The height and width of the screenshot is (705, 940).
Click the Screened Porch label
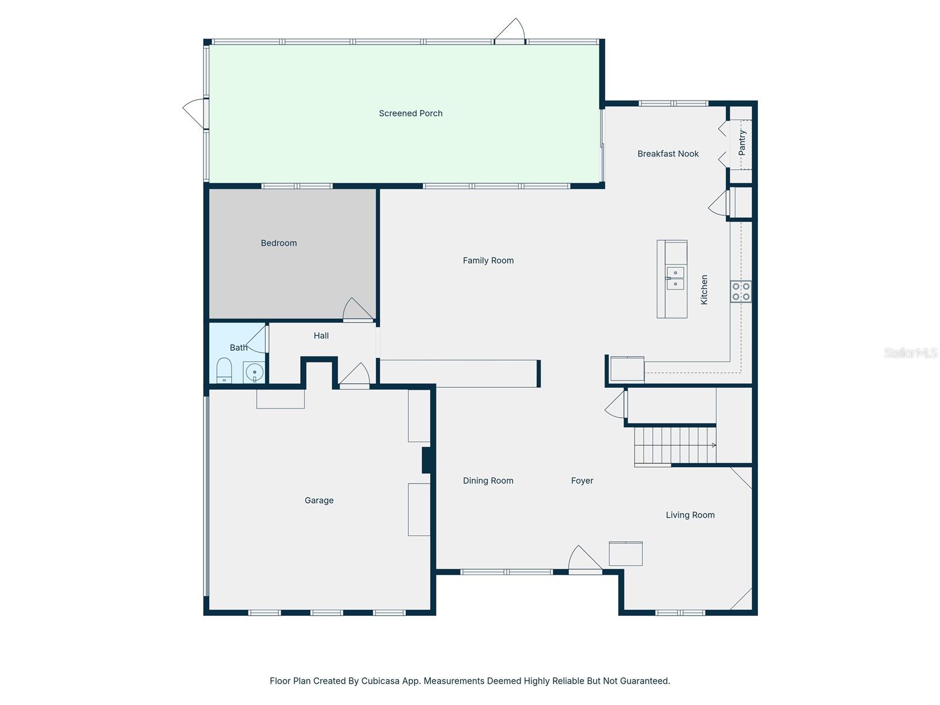[411, 113]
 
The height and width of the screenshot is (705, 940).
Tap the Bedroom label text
[278, 243]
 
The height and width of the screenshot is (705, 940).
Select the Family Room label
[488, 261]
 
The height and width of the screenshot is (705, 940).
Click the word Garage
[319, 501]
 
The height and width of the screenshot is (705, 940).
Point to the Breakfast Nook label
[668, 154]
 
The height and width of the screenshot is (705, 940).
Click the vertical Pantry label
[742, 143]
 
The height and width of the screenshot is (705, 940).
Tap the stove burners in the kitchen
[741, 291]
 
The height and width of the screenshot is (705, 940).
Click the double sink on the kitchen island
[675, 278]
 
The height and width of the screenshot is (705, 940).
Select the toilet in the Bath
[224, 371]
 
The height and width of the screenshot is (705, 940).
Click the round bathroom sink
[254, 371]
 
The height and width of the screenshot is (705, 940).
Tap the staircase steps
[674, 445]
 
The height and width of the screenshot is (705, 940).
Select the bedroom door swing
[357, 310]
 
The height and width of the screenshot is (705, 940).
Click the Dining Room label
[488, 481]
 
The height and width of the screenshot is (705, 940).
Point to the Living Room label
[690, 515]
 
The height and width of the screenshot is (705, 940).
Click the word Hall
[321, 336]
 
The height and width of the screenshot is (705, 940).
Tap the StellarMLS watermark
[910, 352]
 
